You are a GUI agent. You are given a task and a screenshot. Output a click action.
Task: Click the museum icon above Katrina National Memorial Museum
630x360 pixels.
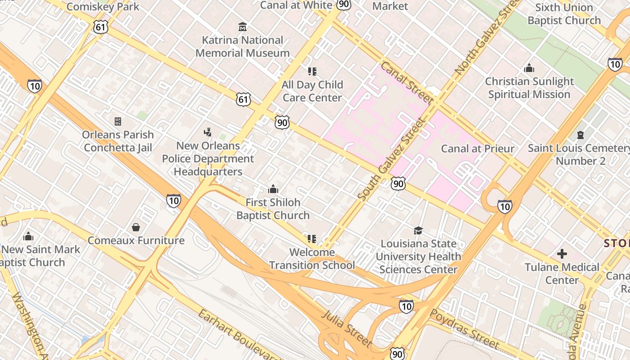point(243,27)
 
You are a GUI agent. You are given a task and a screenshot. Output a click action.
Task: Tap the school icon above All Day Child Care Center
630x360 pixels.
point(312,71)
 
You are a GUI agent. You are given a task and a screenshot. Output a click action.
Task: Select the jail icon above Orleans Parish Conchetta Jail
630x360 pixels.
point(118,121)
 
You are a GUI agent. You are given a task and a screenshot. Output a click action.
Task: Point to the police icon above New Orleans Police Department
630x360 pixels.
point(207,132)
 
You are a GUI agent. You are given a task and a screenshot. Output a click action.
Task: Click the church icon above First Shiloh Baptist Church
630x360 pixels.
point(273,189)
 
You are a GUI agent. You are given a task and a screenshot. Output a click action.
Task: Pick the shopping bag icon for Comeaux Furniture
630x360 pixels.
point(136,227)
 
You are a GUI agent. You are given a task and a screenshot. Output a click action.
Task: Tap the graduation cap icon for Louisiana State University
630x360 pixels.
point(418,230)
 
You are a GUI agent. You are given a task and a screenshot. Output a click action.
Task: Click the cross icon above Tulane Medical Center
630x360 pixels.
point(562,254)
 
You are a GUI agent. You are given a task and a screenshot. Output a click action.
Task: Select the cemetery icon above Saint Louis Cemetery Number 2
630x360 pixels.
point(580,135)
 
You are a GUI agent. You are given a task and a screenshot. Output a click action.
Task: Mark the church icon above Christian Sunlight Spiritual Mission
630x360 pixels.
point(529,68)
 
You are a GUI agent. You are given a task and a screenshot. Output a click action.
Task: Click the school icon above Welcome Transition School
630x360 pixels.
point(312,239)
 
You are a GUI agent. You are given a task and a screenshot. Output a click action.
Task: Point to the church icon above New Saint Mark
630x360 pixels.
point(28,236)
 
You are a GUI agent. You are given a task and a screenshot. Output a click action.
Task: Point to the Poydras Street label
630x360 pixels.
point(464,328)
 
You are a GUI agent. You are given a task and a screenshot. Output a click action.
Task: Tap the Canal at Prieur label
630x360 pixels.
point(477,148)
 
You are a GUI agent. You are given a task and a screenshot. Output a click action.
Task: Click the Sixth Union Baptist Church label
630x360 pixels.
point(564,14)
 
